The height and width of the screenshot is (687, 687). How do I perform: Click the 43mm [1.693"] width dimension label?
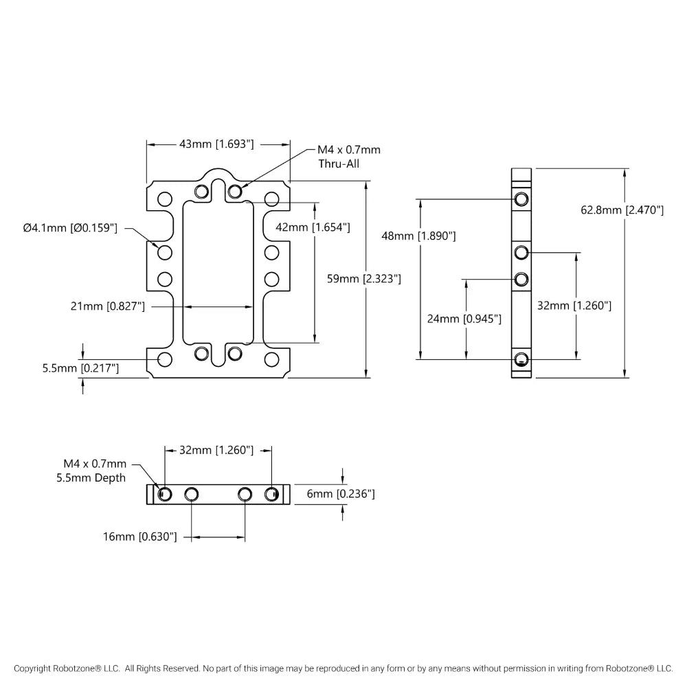(x=216, y=144)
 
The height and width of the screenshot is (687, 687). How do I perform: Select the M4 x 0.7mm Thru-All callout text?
(x=349, y=157)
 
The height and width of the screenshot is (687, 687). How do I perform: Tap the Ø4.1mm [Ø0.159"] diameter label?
(x=70, y=228)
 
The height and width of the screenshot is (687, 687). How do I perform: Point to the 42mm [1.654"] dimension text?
(x=313, y=227)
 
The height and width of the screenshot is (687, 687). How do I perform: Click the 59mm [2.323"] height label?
(x=364, y=279)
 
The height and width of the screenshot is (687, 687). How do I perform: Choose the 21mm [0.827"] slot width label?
(x=108, y=306)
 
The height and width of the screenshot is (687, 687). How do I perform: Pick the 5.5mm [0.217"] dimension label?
(x=80, y=368)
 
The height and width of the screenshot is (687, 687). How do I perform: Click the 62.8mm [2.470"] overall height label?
(x=622, y=210)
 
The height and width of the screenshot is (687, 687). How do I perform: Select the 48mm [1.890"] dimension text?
(x=419, y=236)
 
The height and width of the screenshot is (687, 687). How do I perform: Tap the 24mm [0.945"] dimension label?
(x=464, y=319)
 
